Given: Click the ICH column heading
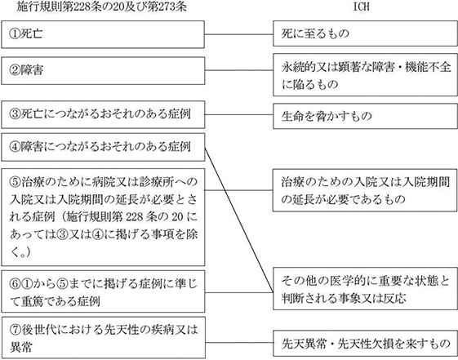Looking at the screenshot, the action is (x=362, y=7).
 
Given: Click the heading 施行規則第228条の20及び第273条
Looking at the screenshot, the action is (x=102, y=7).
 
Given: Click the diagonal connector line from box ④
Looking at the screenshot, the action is (x=239, y=220).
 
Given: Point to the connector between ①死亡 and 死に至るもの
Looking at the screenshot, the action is (x=238, y=34).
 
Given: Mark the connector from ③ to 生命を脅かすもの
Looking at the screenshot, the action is (x=239, y=114).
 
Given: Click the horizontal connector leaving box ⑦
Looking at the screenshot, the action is (x=239, y=343).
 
